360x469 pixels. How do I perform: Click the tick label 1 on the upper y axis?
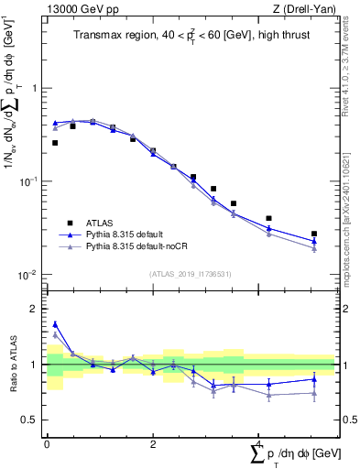coord(35,89)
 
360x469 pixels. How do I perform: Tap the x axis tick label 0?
coord(47,443)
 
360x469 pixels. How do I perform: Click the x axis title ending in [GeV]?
coord(293,454)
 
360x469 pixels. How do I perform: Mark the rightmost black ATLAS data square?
coord(314,234)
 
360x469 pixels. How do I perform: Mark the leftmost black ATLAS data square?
coord(55,143)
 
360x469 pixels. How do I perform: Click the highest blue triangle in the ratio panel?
coord(55,324)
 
